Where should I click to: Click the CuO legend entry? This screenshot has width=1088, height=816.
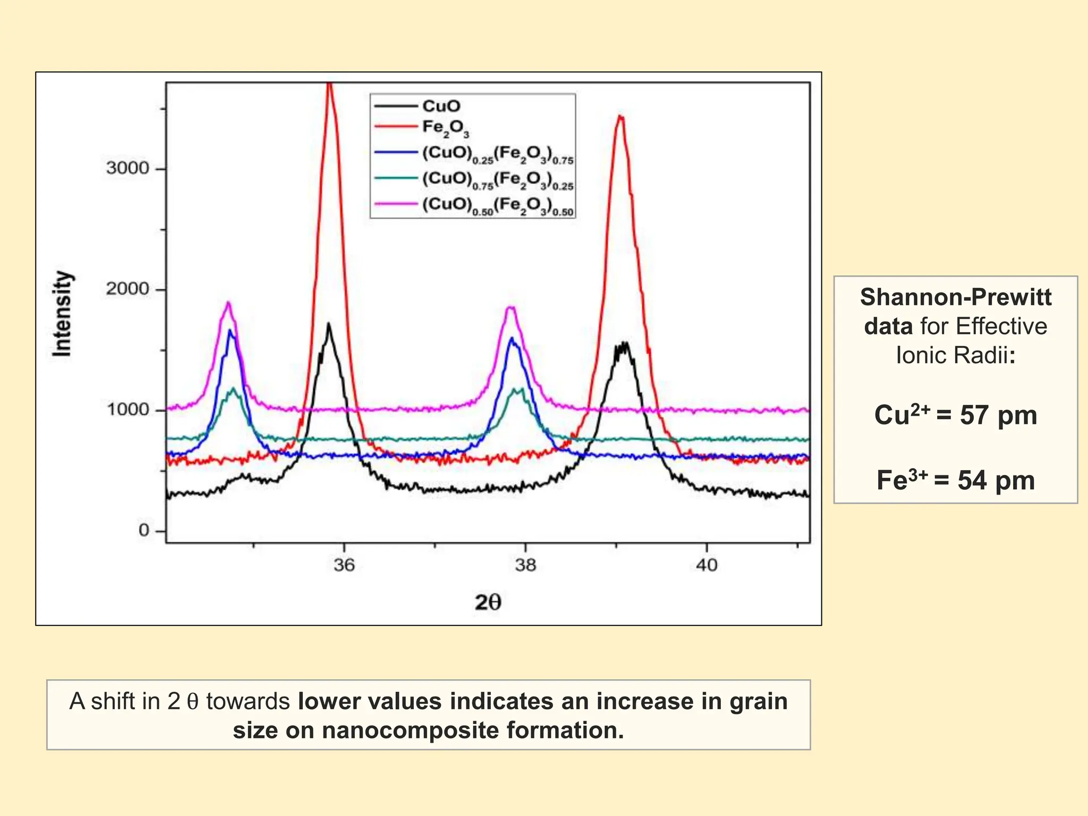pyautogui.click(x=441, y=106)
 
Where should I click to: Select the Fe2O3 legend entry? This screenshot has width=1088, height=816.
pyautogui.click(x=445, y=128)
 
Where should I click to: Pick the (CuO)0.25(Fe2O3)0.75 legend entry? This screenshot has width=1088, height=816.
pyautogui.click(x=497, y=154)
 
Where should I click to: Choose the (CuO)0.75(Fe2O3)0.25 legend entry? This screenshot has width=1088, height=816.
pyautogui.click(x=497, y=180)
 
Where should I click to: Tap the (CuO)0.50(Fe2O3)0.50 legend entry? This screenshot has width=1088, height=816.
pyautogui.click(x=497, y=206)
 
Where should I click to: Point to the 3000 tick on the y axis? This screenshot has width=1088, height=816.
pyautogui.click(x=127, y=168)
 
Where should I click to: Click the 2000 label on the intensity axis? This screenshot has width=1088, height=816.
pyautogui.click(x=127, y=289)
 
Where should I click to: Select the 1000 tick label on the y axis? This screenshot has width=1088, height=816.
pyautogui.click(x=127, y=410)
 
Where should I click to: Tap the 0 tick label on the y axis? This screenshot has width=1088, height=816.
pyautogui.click(x=144, y=530)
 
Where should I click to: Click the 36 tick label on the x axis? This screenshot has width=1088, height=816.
pyautogui.click(x=344, y=565)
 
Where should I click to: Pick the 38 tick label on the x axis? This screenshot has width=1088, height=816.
pyautogui.click(x=525, y=565)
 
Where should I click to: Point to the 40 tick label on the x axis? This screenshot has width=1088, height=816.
pyautogui.click(x=707, y=565)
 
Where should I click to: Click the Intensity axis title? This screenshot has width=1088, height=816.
pyautogui.click(x=62, y=313)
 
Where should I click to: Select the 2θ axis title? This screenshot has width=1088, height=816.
pyautogui.click(x=488, y=602)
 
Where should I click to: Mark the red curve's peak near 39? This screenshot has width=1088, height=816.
pyautogui.click(x=620, y=117)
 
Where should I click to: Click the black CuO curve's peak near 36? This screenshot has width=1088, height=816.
pyautogui.click(x=329, y=324)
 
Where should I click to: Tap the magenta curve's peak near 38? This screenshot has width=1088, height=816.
pyautogui.click(x=511, y=308)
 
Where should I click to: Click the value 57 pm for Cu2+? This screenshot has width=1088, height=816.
pyautogui.click(x=998, y=415)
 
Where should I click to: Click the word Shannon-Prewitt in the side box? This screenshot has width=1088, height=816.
pyautogui.click(x=955, y=297)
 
